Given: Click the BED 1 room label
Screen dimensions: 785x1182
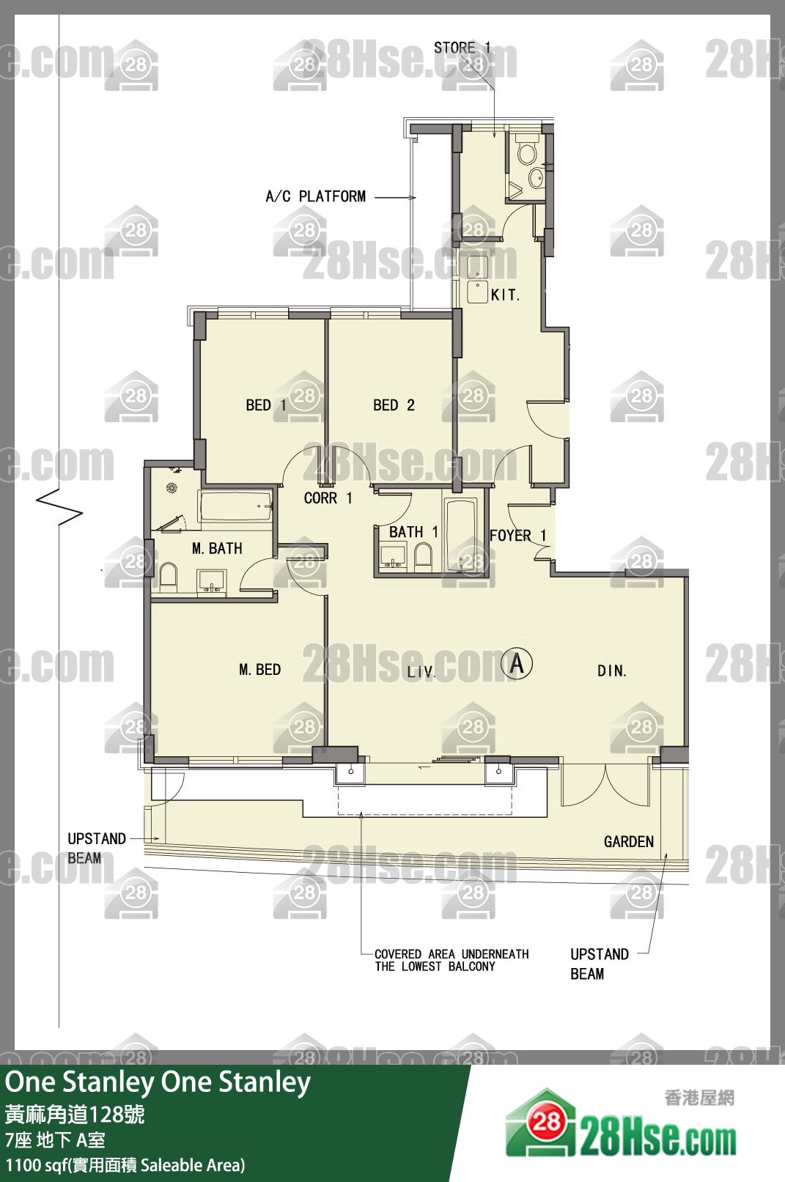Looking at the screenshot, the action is [266, 405].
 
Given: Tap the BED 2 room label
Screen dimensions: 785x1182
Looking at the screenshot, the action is [394, 405].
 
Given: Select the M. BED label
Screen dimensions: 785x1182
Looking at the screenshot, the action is [259, 670].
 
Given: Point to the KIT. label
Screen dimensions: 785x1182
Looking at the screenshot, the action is [505, 295].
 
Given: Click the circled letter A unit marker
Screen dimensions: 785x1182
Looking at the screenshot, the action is [517, 663].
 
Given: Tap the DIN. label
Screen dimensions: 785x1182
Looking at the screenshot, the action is [612, 671].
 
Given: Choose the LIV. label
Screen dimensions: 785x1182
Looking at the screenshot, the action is [421, 672].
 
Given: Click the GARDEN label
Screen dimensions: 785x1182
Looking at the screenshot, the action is [629, 842].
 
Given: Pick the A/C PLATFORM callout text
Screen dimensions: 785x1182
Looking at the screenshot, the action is [316, 197].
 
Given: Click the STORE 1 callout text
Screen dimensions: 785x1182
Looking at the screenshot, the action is [462, 48].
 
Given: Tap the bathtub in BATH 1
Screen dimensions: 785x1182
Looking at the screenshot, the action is [461, 533].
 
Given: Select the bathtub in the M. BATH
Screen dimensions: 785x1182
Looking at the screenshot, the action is [235, 506].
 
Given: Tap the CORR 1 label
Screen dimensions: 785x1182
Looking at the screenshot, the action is [328, 498].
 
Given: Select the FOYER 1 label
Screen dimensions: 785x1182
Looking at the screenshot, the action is [518, 536].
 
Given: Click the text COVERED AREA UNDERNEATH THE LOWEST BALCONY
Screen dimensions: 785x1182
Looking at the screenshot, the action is [452, 961].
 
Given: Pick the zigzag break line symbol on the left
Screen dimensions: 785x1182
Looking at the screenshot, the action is [59, 507].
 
